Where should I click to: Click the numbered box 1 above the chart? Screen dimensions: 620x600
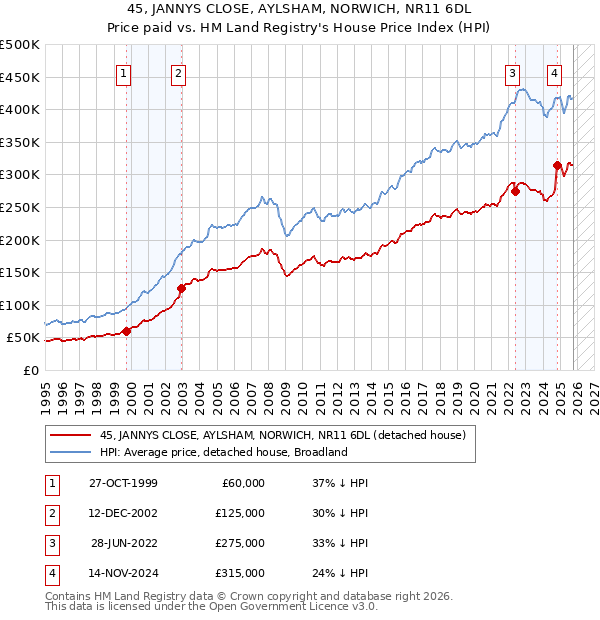[x=122, y=72]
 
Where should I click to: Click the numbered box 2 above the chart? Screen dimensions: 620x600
[x=177, y=72]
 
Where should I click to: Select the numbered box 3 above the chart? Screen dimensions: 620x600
[x=512, y=72]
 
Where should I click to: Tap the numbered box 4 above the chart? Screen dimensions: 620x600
[x=553, y=72]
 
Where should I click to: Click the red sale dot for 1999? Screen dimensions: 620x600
[x=126, y=331]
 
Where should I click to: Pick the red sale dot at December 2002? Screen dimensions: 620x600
[x=181, y=289]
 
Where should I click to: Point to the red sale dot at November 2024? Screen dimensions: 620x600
[x=557, y=165]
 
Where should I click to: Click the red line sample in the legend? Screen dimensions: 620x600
[x=71, y=436]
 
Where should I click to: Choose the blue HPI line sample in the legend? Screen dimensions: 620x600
[x=71, y=452]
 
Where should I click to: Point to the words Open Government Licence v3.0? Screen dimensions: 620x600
[x=290, y=607]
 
